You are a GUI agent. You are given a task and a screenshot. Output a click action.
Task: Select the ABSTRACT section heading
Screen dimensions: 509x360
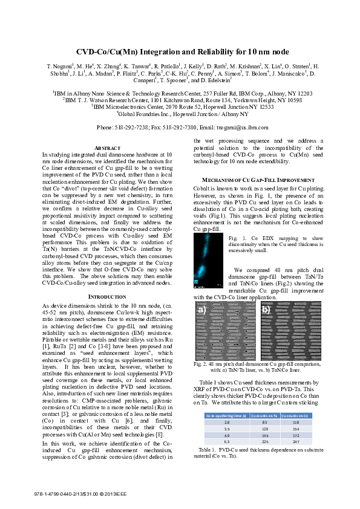109,148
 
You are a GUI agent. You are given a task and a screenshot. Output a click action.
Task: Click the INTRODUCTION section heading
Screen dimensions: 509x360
109,297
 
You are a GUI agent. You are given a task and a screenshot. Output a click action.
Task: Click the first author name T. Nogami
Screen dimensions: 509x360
60,66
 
